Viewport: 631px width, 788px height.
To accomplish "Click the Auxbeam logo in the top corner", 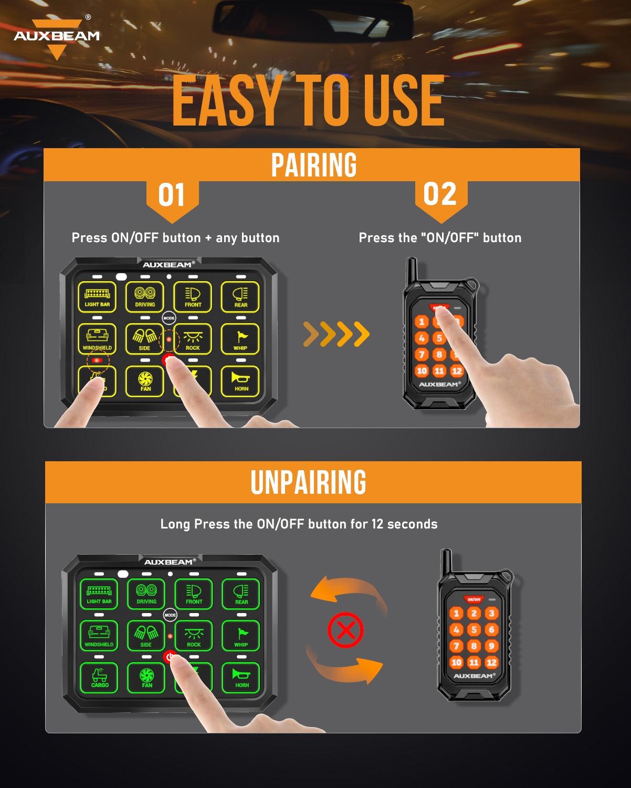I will click(57, 37).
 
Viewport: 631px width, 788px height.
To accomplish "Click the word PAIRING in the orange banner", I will click(313, 165).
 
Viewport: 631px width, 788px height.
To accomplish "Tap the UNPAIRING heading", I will click(308, 482).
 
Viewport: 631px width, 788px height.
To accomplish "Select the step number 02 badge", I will click(440, 194).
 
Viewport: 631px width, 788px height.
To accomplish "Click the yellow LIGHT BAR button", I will click(97, 297).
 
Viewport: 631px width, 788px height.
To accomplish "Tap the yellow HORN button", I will click(241, 380).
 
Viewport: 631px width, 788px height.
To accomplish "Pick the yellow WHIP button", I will click(240, 339).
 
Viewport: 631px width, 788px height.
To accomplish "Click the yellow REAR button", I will click(240, 297).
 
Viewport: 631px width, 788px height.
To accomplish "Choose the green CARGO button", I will click(100, 678).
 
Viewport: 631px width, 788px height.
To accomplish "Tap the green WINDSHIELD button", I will click(99, 636).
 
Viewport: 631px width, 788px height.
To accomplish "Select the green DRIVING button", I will click(146, 594).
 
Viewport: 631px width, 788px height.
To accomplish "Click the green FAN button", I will click(147, 678).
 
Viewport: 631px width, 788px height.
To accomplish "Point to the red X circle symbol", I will click(345, 629).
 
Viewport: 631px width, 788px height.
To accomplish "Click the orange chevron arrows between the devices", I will click(336, 334).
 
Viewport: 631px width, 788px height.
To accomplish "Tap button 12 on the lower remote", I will click(491, 662).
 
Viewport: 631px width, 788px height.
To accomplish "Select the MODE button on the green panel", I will click(170, 615).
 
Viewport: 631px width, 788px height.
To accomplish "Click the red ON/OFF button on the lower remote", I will click(474, 599).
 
